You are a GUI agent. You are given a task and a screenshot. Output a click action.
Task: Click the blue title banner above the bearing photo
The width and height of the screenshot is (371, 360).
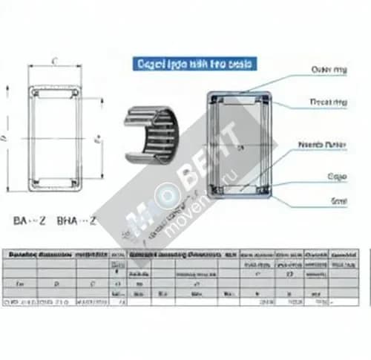[194, 65]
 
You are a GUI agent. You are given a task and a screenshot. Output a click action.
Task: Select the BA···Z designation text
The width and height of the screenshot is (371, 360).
[30, 220]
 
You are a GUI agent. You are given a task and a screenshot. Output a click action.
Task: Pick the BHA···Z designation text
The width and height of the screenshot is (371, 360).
[77, 220]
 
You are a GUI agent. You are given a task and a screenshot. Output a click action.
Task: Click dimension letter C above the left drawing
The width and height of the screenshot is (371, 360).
[56, 62]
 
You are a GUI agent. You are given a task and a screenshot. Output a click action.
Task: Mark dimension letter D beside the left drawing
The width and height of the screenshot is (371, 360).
[7, 138]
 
